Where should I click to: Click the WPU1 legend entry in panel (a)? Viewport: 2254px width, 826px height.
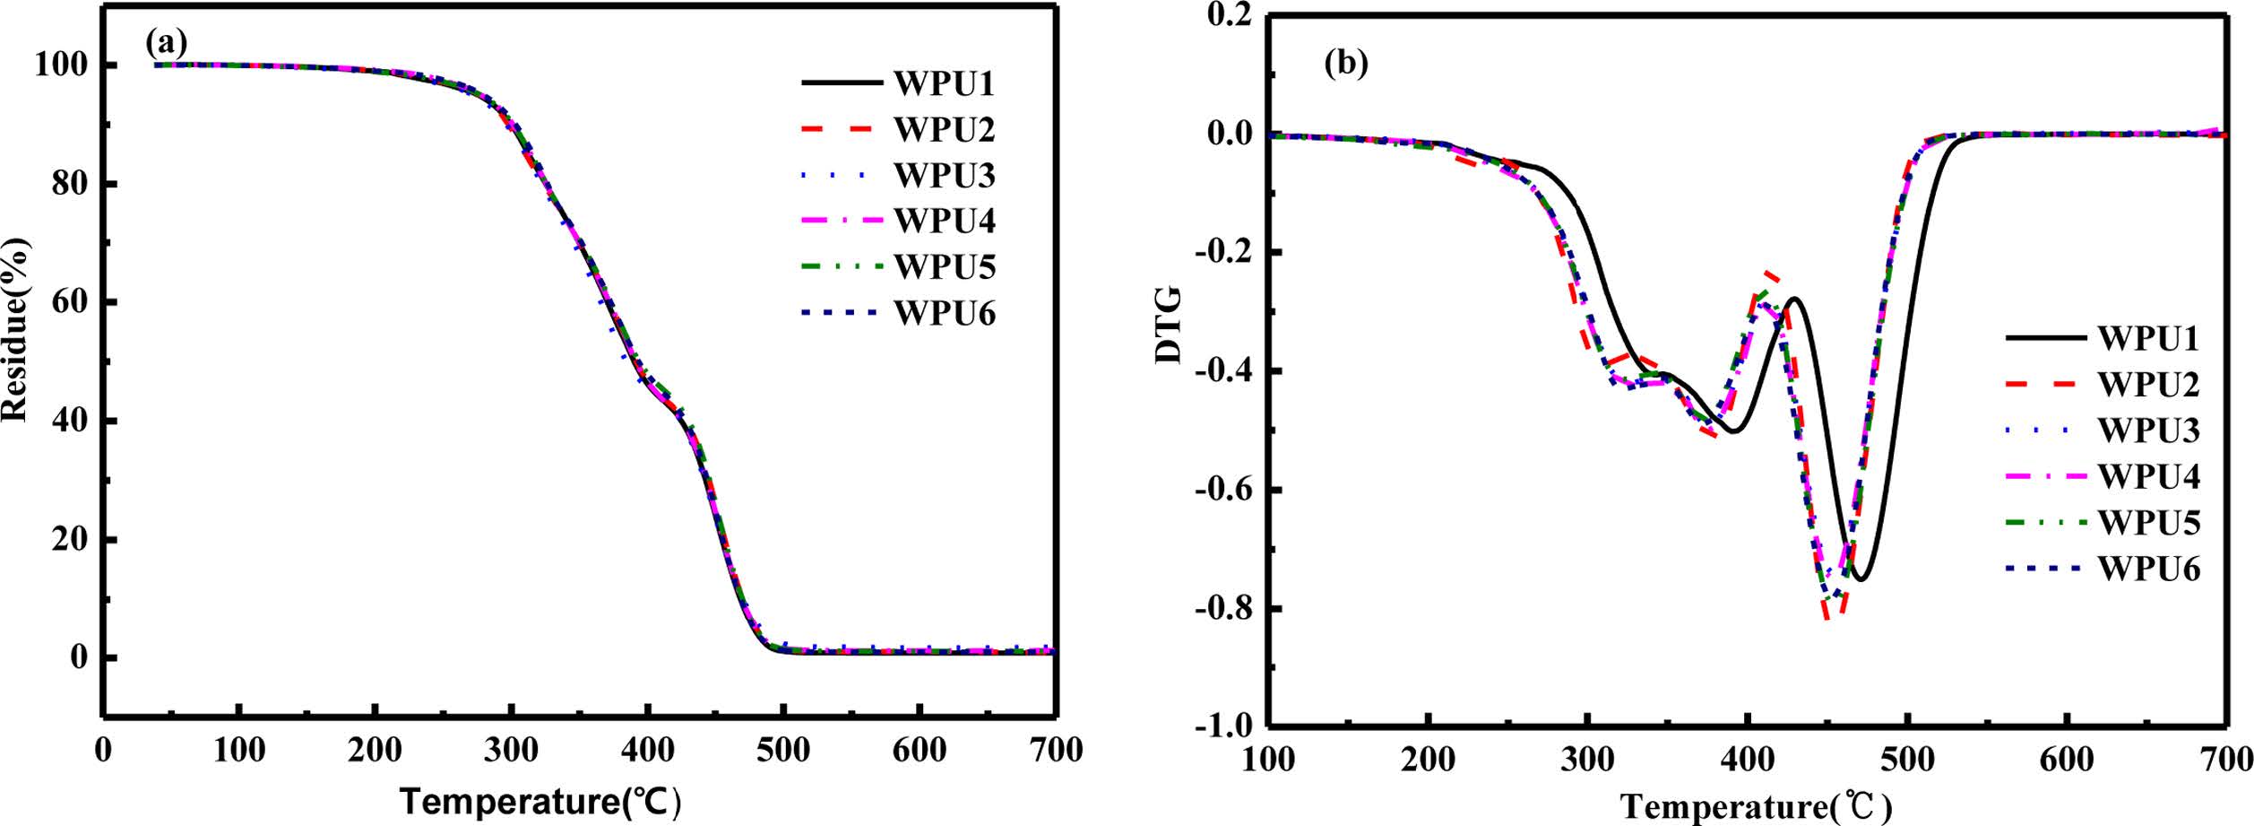click(944, 83)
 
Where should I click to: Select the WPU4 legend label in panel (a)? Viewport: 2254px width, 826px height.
click(944, 221)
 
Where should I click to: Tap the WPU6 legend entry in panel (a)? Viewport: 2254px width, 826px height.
click(944, 314)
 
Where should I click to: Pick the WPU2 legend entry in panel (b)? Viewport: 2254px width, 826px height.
click(2148, 384)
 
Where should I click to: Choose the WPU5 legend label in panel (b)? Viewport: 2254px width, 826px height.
click(2148, 523)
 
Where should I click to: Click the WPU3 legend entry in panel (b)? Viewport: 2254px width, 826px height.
click(2148, 430)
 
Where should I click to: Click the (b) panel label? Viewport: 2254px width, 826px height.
click(1346, 64)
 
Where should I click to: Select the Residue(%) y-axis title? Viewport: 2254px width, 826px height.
click(16, 329)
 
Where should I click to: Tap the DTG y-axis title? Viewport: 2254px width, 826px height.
click(1169, 325)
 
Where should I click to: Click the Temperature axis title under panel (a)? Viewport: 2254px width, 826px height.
click(541, 801)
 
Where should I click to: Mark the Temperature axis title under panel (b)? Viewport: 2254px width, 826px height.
click(1757, 807)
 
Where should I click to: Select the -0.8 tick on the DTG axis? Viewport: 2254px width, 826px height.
click(1224, 609)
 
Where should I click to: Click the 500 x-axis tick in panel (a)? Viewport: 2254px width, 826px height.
click(782, 750)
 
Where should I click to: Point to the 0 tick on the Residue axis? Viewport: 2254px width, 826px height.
click(80, 657)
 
